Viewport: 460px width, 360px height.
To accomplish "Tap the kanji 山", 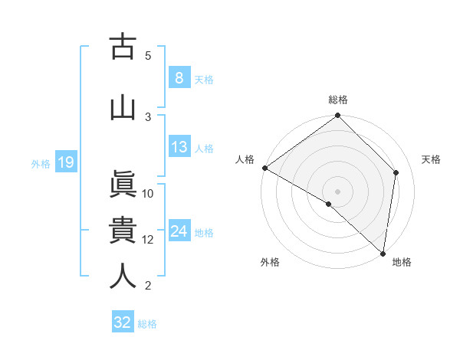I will click(123, 106).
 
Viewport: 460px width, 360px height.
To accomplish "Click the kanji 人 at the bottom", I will click(123, 277).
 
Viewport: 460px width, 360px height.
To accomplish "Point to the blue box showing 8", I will click(179, 78).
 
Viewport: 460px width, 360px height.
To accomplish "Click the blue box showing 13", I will click(179, 147).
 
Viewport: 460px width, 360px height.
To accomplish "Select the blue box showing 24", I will click(179, 231).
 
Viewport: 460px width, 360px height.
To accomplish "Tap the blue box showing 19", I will click(66, 162).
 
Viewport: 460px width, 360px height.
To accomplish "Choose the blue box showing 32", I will click(123, 322).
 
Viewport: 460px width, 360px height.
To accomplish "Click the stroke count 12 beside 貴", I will click(148, 240).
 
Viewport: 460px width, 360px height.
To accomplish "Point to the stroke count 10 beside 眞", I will click(148, 194).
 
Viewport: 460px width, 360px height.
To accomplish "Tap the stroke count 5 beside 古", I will click(148, 55).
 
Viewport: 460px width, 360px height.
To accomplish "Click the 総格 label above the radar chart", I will click(338, 100).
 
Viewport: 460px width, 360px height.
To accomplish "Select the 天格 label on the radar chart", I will click(432, 159).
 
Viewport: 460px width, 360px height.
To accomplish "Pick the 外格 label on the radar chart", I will click(270, 262).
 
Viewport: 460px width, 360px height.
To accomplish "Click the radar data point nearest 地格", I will click(383, 254).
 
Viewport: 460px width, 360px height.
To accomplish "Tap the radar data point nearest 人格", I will click(264, 168).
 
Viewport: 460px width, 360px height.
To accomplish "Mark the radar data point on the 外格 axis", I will click(328, 204).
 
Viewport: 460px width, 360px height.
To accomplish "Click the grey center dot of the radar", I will click(337, 191).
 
